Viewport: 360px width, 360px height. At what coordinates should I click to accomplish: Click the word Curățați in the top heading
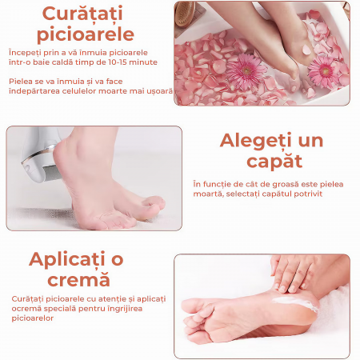[x=82, y=14]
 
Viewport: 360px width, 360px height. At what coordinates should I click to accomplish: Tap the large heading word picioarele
[x=86, y=34]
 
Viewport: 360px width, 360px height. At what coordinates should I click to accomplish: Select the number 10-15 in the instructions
[x=117, y=62]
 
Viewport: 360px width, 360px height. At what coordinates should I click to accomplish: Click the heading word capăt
[x=274, y=162]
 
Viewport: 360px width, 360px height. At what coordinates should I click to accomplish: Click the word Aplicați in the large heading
[x=67, y=259]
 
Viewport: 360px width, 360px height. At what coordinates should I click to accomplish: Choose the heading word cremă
[x=78, y=279]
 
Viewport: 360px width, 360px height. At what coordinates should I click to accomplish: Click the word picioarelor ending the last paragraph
[x=33, y=318]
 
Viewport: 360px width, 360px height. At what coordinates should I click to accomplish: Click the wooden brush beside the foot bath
[x=186, y=14]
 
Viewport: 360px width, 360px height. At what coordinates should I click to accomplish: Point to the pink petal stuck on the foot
[x=306, y=50]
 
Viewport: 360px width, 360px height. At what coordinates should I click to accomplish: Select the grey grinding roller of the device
[x=53, y=173]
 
